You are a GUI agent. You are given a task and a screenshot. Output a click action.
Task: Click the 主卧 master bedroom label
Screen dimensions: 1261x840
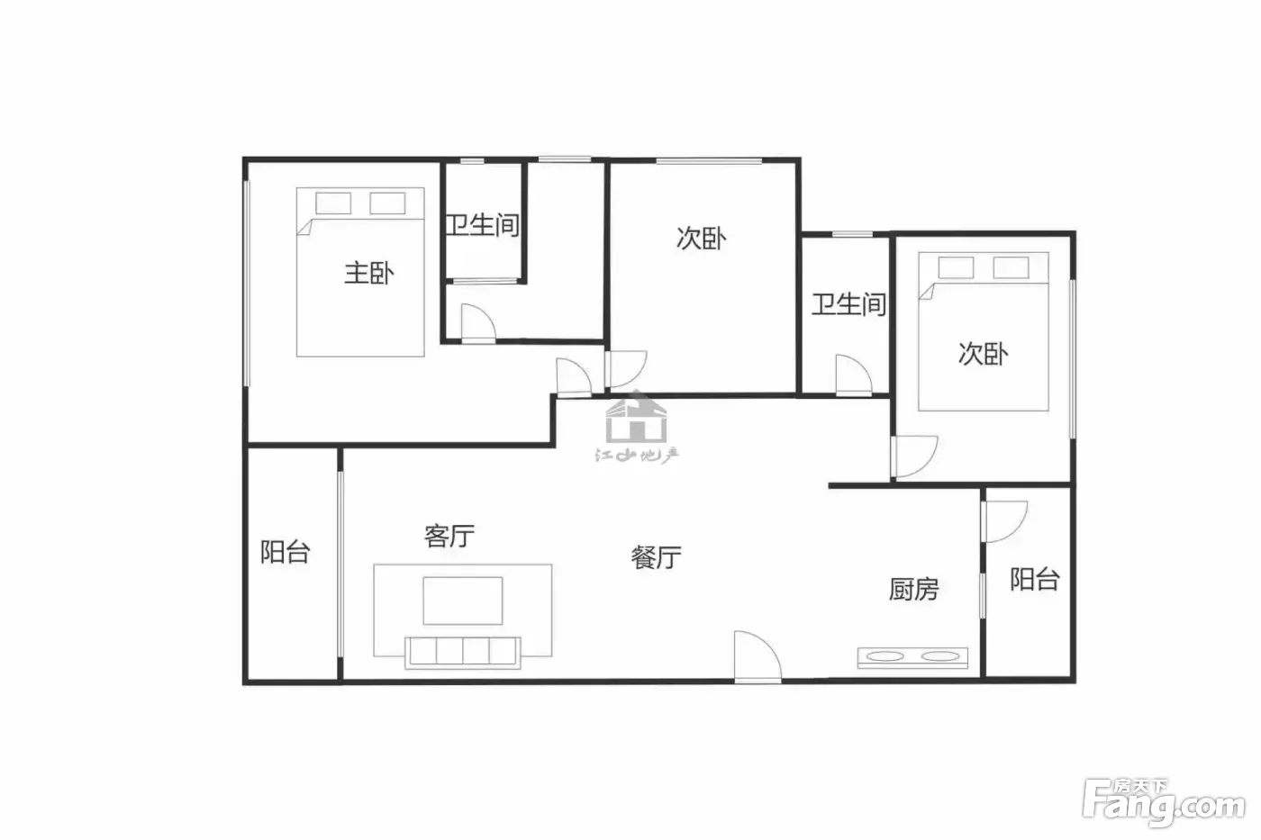click(x=368, y=274)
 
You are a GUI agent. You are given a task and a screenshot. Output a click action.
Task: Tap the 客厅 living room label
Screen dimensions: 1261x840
click(x=449, y=536)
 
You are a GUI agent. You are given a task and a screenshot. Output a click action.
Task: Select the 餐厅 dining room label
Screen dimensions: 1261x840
click(x=656, y=557)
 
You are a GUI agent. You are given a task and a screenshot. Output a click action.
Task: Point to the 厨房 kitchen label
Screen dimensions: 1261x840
click(x=913, y=589)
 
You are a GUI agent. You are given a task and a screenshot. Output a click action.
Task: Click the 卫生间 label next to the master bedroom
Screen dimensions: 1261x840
click(x=483, y=225)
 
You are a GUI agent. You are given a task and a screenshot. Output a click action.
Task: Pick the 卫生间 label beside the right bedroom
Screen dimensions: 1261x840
click(x=848, y=304)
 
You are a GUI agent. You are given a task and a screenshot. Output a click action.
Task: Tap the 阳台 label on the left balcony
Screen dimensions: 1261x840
click(x=285, y=552)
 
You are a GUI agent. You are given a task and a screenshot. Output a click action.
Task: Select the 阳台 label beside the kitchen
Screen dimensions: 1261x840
click(x=1035, y=580)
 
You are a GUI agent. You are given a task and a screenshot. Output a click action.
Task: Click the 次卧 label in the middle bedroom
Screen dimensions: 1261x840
click(x=701, y=238)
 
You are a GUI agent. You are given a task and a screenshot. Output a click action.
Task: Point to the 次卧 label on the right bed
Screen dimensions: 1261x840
click(x=983, y=354)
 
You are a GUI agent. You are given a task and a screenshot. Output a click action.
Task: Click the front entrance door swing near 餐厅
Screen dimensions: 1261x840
click(x=758, y=656)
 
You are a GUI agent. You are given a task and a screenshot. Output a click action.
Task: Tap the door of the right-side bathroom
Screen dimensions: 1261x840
click(x=854, y=375)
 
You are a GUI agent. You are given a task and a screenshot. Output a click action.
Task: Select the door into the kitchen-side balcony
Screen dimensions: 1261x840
click(x=1004, y=521)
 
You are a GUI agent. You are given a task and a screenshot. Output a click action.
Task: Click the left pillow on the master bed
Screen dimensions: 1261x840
click(x=333, y=203)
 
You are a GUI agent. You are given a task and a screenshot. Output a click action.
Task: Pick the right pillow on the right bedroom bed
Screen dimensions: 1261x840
click(x=1011, y=267)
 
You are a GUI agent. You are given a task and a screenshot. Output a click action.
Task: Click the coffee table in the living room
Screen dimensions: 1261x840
click(x=463, y=601)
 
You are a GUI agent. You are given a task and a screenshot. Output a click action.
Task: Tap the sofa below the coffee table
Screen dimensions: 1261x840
click(x=463, y=653)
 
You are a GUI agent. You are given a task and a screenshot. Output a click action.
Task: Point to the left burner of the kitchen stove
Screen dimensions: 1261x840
click(x=885, y=656)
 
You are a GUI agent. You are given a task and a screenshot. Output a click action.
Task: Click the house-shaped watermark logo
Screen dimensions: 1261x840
click(x=636, y=417)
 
